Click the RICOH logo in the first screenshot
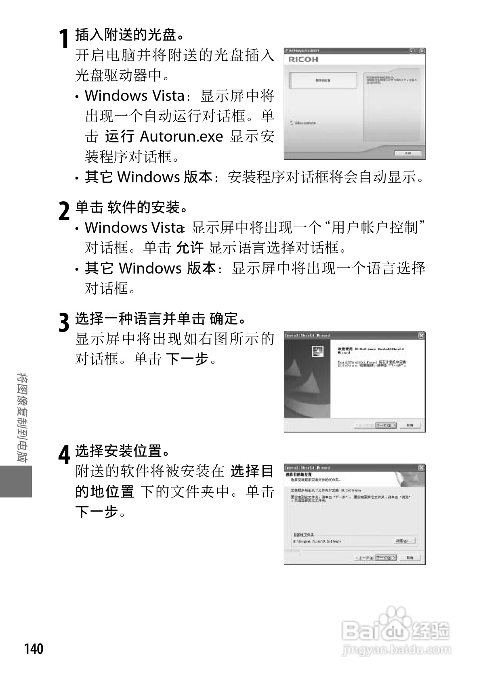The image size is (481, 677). tap(303, 60)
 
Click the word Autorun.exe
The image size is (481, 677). tap(181, 136)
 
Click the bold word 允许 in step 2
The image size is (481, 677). tap(190, 248)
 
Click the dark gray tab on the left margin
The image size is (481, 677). tap(16, 481)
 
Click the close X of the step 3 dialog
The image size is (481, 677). tap(421, 335)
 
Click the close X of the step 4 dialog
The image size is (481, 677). tap(421, 468)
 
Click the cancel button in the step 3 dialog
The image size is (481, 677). tap(410, 425)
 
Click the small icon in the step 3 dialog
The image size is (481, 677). tap(318, 351)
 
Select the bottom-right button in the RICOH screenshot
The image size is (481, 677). tap(407, 153)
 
